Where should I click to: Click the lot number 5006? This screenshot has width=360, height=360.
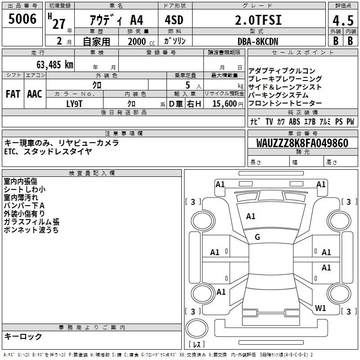[x=22, y=19]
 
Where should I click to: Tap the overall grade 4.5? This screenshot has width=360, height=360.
[x=343, y=21]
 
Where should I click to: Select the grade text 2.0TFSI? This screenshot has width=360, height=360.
[x=258, y=20]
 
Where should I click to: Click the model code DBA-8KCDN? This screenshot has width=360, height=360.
[x=258, y=41]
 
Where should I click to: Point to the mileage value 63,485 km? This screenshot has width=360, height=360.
[x=55, y=65]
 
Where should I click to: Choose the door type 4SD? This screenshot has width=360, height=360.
[x=174, y=20]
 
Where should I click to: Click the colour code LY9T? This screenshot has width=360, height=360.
[x=74, y=104]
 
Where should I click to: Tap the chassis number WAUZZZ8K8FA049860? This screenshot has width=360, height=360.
[x=302, y=143]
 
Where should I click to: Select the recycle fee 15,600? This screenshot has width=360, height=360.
[x=225, y=104]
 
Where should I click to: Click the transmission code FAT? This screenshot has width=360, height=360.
[x=13, y=94]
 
